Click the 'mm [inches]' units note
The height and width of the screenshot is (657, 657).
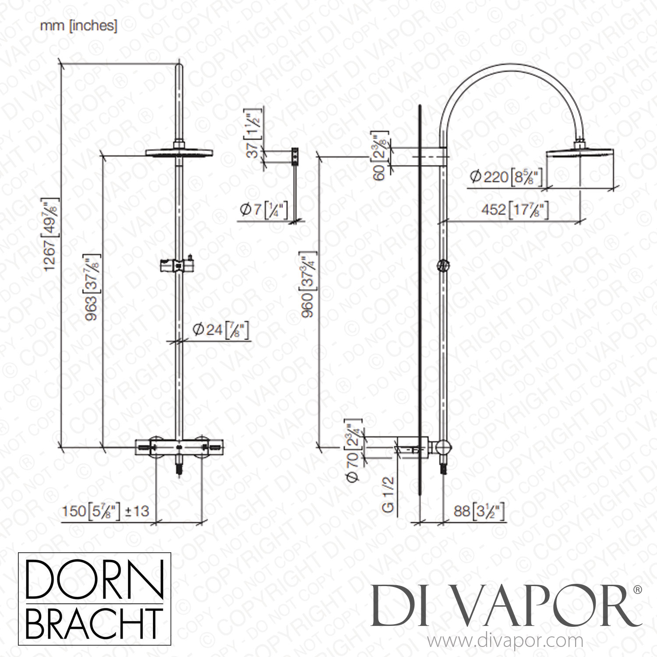point(78,26)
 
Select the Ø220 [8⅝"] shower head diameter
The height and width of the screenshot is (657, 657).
point(506,177)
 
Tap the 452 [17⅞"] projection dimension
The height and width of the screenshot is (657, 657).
point(515,210)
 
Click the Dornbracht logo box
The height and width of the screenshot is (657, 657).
point(94,605)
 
